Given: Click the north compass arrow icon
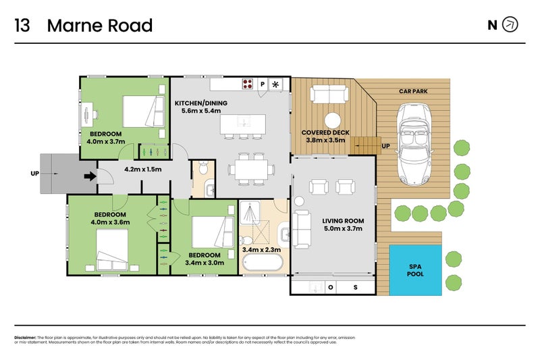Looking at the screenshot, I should coord(511,25).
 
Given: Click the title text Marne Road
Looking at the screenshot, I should coord(100,26).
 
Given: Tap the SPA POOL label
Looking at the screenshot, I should coord(416,270).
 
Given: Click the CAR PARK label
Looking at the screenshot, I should coord(414,91).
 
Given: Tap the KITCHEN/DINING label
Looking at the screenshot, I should coord(201,103).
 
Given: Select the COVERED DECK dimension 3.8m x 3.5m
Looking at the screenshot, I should coord(325,141).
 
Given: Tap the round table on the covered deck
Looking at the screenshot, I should coord(331,115).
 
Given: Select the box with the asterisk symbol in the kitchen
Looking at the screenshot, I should coord(276,84).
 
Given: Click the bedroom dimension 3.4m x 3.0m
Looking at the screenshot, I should coord(205,263).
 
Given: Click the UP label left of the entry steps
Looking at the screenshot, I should coord(35,174).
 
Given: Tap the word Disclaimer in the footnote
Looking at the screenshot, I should coord(25,337).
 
